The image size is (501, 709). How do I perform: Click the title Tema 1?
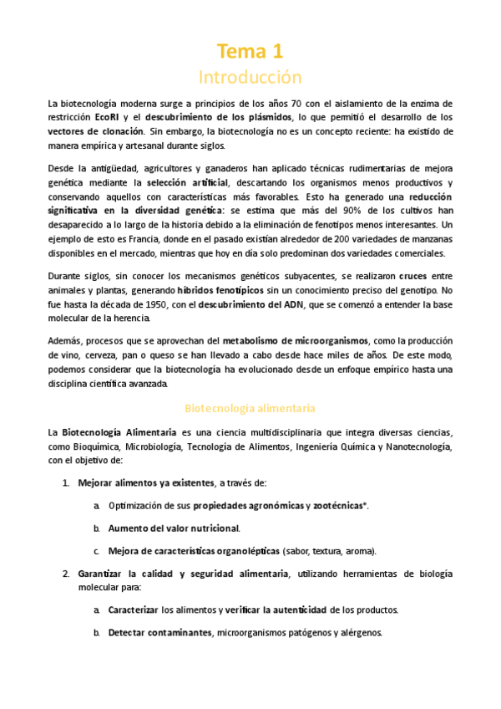coord(250,52)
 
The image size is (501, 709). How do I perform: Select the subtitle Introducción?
coord(250,78)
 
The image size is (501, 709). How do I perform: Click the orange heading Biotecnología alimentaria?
coord(250,409)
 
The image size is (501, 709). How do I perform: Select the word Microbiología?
coord(147,446)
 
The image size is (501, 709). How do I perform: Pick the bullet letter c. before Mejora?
coord(97,551)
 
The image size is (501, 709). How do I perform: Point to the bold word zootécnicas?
coord(340,506)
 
